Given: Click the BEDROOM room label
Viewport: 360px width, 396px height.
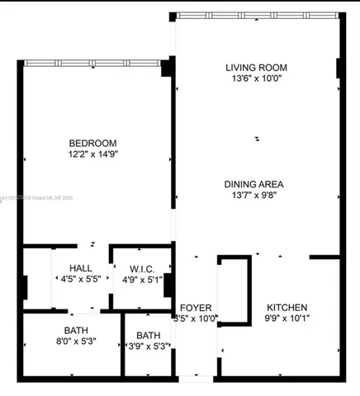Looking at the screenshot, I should coord(92,142).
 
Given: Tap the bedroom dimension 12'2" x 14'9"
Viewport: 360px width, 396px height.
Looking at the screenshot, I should coord(92,153).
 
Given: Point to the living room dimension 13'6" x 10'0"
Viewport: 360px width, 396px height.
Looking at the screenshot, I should coord(255,78).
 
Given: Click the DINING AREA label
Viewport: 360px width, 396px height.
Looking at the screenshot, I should coord(255,184).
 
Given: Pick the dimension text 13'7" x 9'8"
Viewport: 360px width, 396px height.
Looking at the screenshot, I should coord(255,196).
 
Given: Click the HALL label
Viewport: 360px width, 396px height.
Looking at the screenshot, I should coord(81,268).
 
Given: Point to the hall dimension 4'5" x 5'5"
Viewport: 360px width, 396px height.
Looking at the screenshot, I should coord(81,280).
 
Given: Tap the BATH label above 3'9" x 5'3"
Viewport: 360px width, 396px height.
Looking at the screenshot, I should coord(149,335).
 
